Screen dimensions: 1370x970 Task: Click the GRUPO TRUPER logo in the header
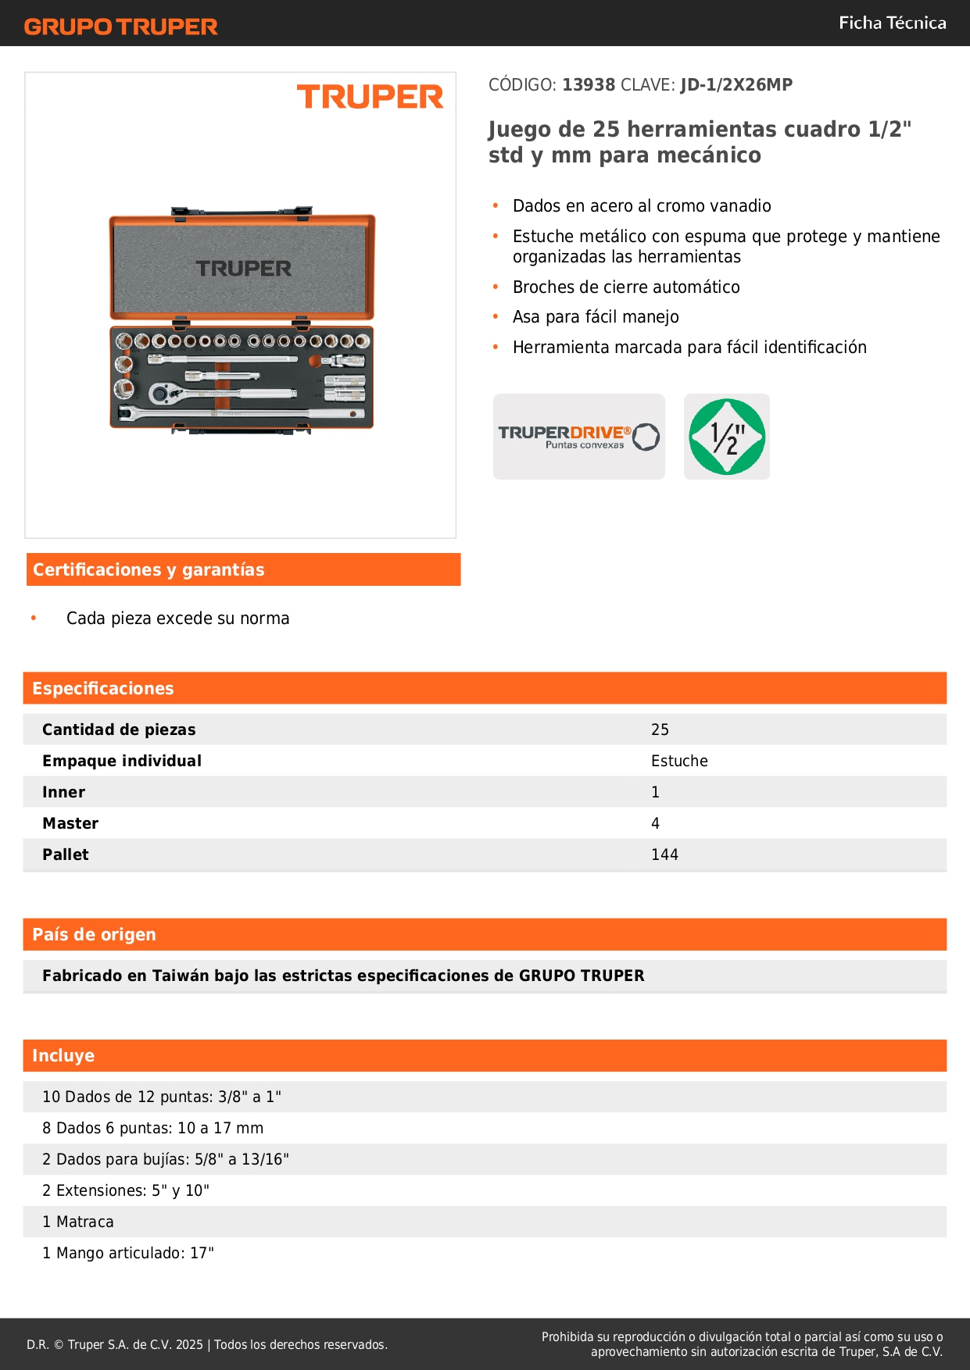(120, 27)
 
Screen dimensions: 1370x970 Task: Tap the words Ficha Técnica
(892, 23)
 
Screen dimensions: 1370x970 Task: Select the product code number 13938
(589, 84)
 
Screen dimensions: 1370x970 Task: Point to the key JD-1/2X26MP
(736, 84)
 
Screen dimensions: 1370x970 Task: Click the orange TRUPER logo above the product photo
(370, 97)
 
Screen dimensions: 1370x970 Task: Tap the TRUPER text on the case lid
(243, 269)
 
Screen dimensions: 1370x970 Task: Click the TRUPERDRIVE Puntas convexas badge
(578, 437)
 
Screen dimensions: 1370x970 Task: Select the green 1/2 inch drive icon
(726, 437)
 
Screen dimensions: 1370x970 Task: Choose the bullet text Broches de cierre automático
(625, 287)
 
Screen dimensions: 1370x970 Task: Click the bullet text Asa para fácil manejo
(596, 316)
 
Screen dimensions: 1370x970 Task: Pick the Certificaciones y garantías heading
(149, 569)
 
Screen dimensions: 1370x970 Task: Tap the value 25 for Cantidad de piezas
(660, 730)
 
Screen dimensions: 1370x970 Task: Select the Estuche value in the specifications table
(679, 761)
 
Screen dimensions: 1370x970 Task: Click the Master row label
(70, 823)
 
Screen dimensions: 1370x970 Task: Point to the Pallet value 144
(664, 854)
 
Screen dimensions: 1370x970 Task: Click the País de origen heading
(94, 934)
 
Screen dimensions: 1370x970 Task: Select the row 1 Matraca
(78, 1222)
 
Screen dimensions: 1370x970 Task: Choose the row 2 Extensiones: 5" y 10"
(126, 1190)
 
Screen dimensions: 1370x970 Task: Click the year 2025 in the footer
(189, 1344)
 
